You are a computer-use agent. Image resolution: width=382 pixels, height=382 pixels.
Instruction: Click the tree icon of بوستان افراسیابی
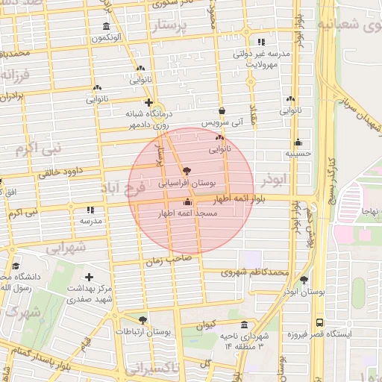click(186, 171)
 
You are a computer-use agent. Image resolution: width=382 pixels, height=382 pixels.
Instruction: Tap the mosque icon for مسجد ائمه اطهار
click(187, 201)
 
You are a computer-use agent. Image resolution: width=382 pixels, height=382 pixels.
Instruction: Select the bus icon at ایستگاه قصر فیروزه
click(319, 323)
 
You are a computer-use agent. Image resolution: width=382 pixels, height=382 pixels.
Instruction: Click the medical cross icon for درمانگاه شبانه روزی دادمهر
click(148, 102)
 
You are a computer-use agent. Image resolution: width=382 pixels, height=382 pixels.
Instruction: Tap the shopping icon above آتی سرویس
click(222, 110)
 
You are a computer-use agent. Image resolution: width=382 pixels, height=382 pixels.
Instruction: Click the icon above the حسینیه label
click(298, 143)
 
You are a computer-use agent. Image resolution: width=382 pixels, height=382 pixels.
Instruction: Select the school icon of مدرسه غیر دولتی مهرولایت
click(260, 43)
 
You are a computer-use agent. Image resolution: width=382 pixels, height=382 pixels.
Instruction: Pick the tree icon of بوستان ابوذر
click(304, 280)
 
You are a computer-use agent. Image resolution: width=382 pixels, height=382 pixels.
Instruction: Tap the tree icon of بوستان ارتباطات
click(143, 319)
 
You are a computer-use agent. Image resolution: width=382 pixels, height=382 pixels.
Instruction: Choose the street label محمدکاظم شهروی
click(256, 273)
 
